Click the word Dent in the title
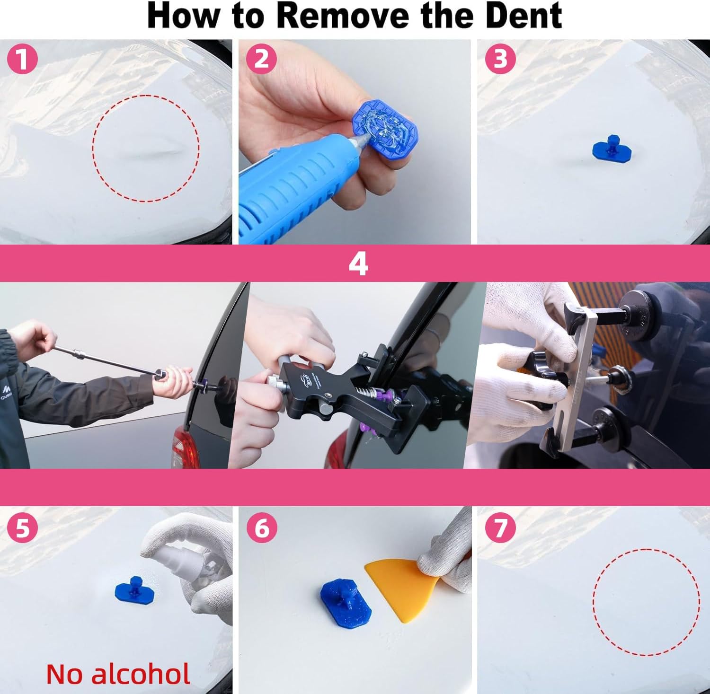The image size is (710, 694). (518, 16)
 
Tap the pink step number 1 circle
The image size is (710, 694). (22, 59)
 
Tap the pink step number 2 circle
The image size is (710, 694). (261, 59)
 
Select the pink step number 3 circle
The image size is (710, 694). (500, 59)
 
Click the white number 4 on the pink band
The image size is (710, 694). (358, 264)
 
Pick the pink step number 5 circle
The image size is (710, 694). (22, 527)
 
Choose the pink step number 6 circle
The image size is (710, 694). (261, 527)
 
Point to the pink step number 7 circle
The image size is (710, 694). (500, 527)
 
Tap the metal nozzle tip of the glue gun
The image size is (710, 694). (363, 137)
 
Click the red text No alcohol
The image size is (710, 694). (118, 674)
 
